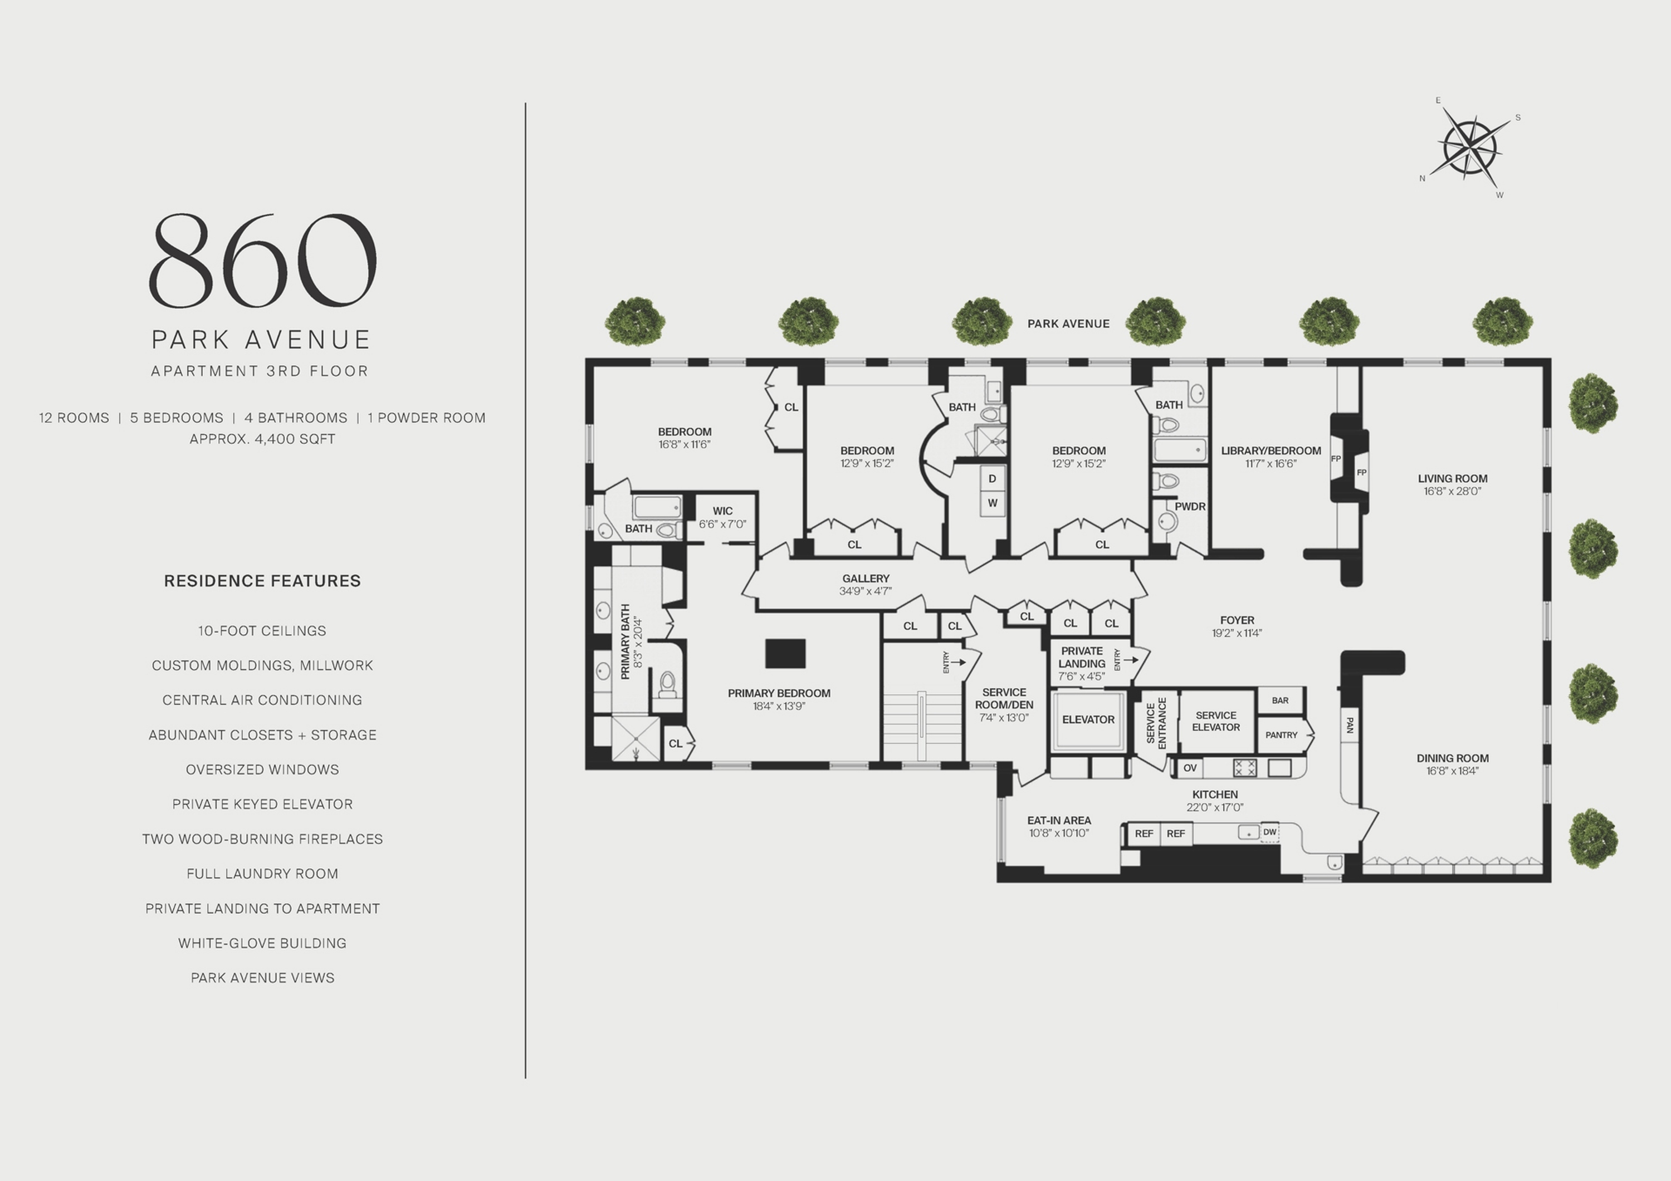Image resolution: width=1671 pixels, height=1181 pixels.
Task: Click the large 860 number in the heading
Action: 262,260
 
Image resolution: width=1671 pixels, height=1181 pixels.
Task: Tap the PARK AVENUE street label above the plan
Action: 1068,324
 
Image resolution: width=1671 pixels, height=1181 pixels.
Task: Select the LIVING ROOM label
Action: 1452,479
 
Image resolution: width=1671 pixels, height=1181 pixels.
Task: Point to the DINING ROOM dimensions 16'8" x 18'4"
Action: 1452,771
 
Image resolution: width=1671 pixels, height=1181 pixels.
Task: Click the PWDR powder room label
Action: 1189,507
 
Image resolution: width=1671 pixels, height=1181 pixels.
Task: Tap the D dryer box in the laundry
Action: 992,479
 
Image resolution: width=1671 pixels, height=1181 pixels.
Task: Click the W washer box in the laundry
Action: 992,503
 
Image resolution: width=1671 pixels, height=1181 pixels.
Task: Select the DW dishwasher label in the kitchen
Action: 1269,832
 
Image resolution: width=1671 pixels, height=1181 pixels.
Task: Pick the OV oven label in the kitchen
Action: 1190,768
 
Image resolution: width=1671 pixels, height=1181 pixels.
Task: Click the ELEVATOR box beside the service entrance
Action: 1088,719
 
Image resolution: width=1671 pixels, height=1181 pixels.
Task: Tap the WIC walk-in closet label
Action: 722,511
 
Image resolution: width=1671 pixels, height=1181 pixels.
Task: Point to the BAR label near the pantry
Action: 1280,700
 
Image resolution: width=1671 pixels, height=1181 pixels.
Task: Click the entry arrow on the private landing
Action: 1130,660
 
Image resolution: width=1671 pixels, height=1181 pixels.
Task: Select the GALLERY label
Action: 866,579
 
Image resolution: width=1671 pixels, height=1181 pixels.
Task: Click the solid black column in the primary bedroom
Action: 785,654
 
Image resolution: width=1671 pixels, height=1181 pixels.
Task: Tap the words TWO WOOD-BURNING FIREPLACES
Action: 262,839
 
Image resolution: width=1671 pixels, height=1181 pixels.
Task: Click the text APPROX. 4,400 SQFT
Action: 262,439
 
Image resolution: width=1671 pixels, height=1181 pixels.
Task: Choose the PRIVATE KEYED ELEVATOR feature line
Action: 262,804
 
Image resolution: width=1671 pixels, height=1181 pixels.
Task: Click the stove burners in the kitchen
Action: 1244,768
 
